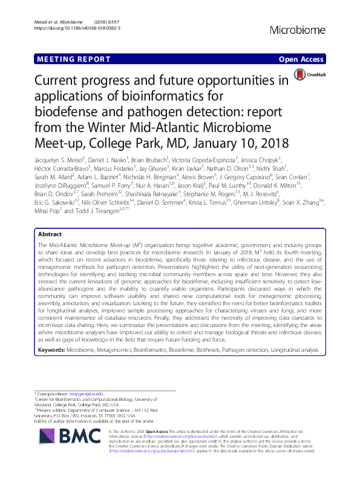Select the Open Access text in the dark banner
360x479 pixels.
pos(303,59)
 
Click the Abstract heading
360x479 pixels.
pos(50,233)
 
